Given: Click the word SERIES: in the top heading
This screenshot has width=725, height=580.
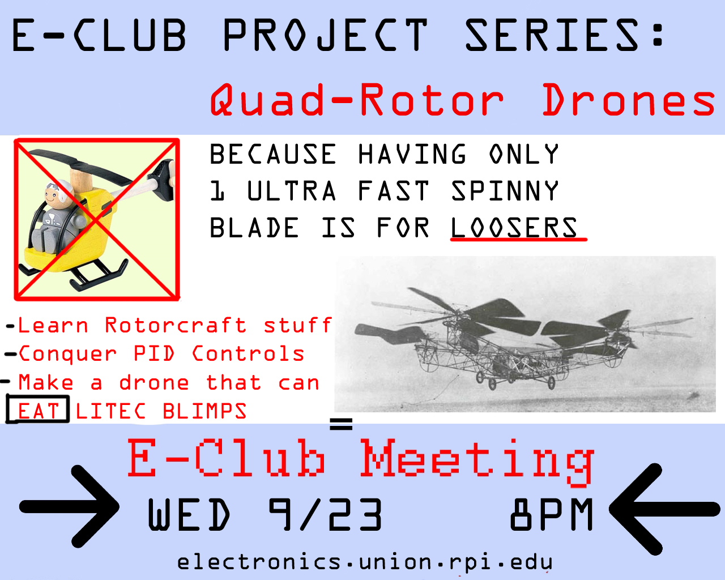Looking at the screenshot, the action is (x=565, y=35).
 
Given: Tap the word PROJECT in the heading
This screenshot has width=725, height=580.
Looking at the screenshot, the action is (x=326, y=35).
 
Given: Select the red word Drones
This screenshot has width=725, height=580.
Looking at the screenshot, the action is (x=629, y=100).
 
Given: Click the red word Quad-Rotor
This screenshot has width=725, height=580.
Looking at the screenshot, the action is (x=357, y=100).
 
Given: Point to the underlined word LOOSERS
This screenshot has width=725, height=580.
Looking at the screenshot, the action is (x=514, y=228).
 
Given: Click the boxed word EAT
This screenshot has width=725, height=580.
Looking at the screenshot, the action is (x=38, y=411).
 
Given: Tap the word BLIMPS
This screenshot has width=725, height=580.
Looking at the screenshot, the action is (x=204, y=411).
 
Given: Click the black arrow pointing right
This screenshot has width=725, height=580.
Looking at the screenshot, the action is (x=69, y=506).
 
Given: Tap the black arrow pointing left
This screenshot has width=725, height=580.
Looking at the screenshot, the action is (x=664, y=509).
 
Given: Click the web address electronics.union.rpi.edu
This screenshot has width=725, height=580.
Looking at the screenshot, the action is (x=365, y=562).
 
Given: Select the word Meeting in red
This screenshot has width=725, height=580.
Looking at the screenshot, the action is (x=476, y=462).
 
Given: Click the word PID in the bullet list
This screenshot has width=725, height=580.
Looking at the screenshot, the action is (x=154, y=353).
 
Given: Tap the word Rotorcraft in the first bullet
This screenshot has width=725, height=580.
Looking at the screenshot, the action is (x=175, y=325).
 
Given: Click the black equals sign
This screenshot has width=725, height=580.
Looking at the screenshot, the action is (x=341, y=424).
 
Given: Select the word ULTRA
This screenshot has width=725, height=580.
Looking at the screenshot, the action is (x=292, y=190).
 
